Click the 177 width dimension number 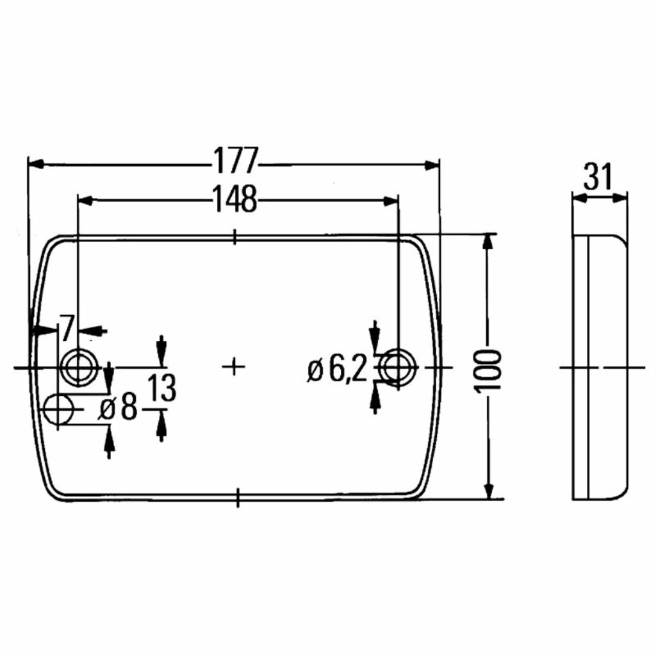coord(234,160)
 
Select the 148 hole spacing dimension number coord(234,199)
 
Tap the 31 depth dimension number coord(598,176)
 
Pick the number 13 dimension coord(162,388)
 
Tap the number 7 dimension coord(67,329)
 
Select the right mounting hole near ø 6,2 coord(398,367)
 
